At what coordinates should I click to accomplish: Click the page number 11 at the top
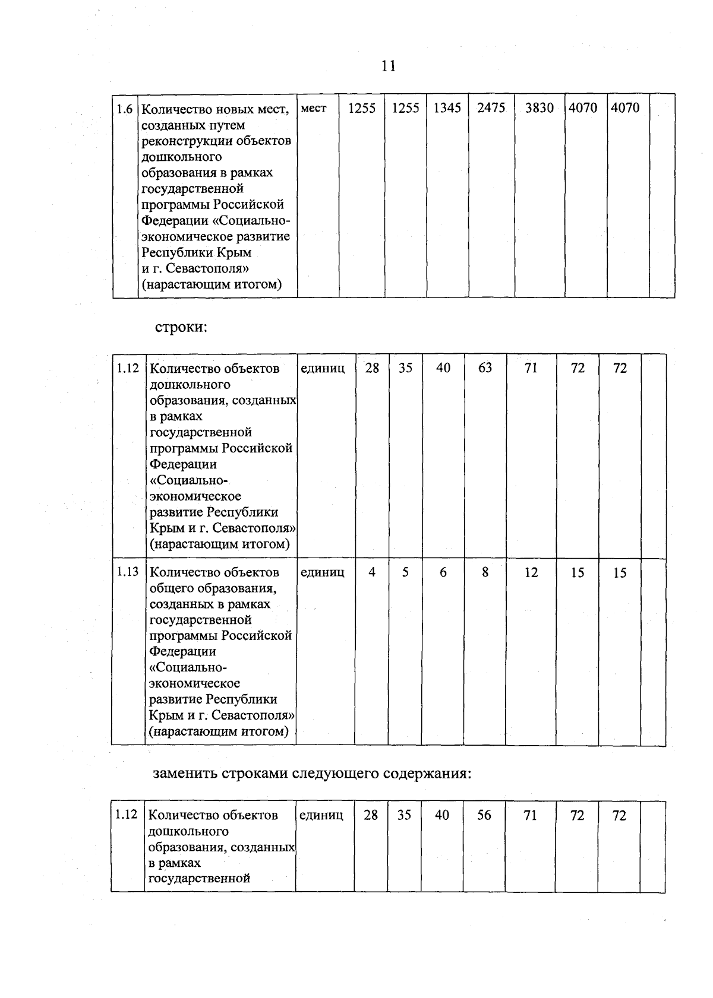click(389, 66)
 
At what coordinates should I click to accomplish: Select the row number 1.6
click(125, 109)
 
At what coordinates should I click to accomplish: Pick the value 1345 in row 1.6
click(447, 108)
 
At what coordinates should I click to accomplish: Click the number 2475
click(491, 108)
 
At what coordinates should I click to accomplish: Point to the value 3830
click(540, 108)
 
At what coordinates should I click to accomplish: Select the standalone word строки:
click(181, 327)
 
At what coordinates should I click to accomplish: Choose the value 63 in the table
click(485, 368)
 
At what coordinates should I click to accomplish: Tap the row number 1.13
click(128, 572)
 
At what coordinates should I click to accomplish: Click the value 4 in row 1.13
click(372, 572)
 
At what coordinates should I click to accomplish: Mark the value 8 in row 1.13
click(485, 572)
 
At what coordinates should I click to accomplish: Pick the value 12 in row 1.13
click(531, 572)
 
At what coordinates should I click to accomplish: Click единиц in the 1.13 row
click(323, 572)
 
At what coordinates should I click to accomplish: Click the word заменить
click(185, 774)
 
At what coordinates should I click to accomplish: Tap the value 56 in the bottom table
click(484, 815)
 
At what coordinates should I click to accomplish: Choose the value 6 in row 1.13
click(443, 572)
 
